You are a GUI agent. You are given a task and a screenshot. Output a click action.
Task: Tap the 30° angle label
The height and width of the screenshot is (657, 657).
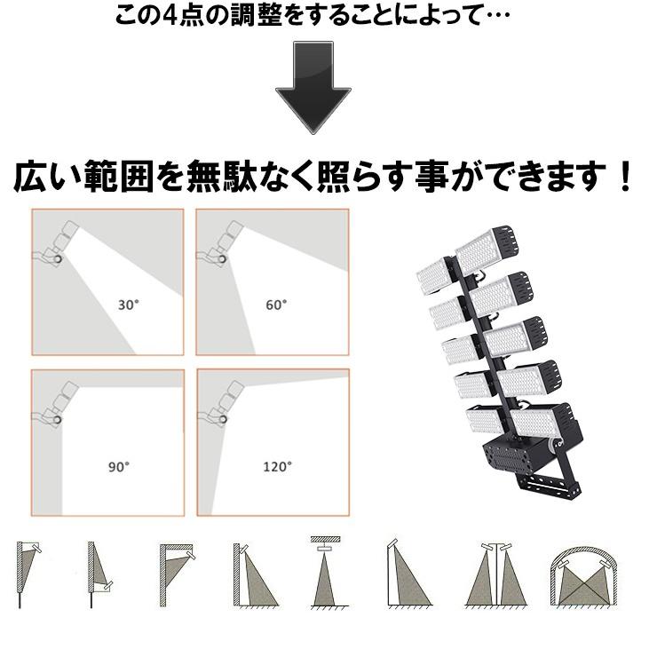(x=129, y=305)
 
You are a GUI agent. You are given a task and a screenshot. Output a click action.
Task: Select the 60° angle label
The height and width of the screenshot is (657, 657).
(x=276, y=305)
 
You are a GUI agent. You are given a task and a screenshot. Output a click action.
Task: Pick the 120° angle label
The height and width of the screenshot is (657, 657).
(x=276, y=466)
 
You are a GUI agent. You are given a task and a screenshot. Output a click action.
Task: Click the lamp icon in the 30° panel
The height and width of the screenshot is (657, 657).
(x=59, y=245)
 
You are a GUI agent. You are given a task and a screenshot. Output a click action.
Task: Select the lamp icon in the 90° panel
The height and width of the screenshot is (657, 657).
(x=57, y=404)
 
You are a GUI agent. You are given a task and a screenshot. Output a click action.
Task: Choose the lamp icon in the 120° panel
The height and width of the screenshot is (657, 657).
(x=223, y=404)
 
